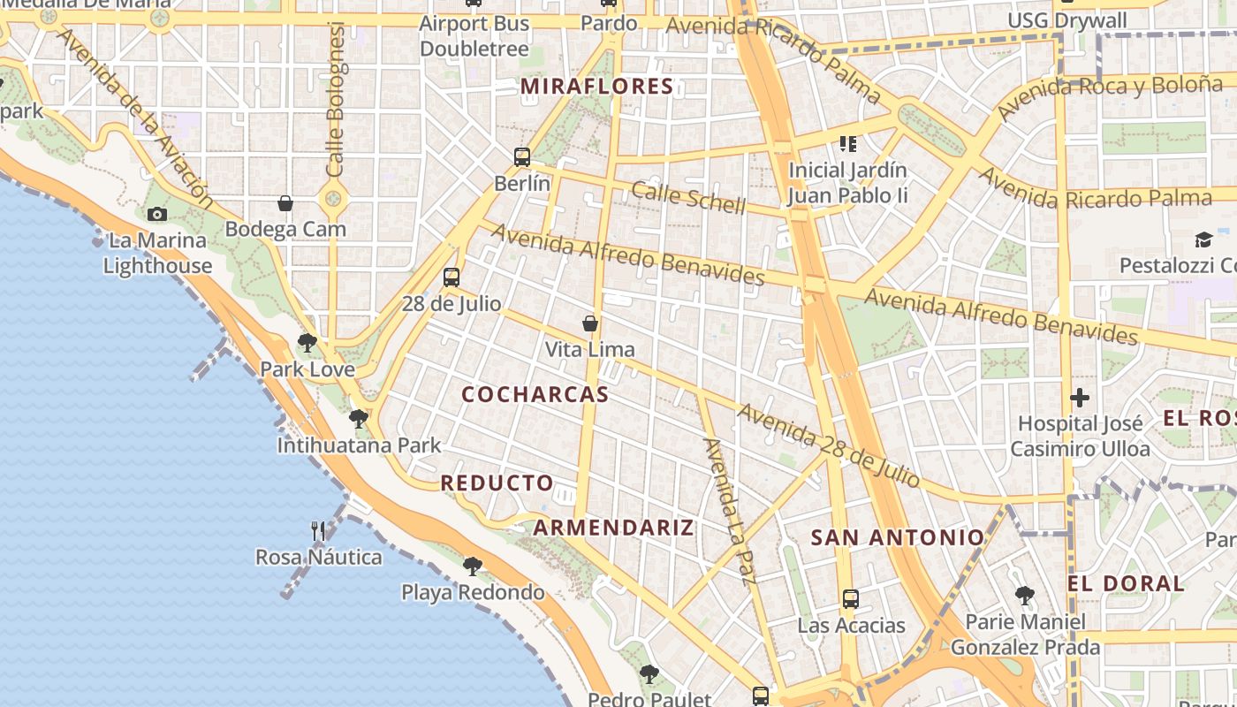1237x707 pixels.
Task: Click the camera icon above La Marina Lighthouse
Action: (157, 214)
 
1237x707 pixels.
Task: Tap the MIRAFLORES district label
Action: (597, 87)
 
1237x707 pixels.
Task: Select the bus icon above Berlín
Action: (522, 157)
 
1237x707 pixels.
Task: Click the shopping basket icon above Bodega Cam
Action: (285, 203)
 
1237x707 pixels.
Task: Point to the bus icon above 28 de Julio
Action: (452, 277)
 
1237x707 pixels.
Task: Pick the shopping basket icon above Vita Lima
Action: (590, 323)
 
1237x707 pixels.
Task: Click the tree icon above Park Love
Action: (307, 343)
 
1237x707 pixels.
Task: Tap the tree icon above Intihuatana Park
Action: (359, 418)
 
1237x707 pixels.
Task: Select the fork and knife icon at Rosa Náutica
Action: (319, 530)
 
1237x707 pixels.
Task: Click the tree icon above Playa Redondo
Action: (473, 566)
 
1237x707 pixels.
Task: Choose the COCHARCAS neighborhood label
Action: (535, 395)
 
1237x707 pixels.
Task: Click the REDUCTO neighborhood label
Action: (497, 483)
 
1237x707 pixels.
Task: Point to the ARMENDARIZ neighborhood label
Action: (614, 528)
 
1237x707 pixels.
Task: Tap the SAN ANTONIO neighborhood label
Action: (897, 537)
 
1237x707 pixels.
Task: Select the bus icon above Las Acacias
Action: (851, 599)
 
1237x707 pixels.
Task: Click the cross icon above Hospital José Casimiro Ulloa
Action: (1080, 398)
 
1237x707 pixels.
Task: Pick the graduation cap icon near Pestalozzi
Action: (1203, 239)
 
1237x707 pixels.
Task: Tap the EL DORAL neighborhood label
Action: (1126, 583)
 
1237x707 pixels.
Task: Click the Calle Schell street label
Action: (688, 198)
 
